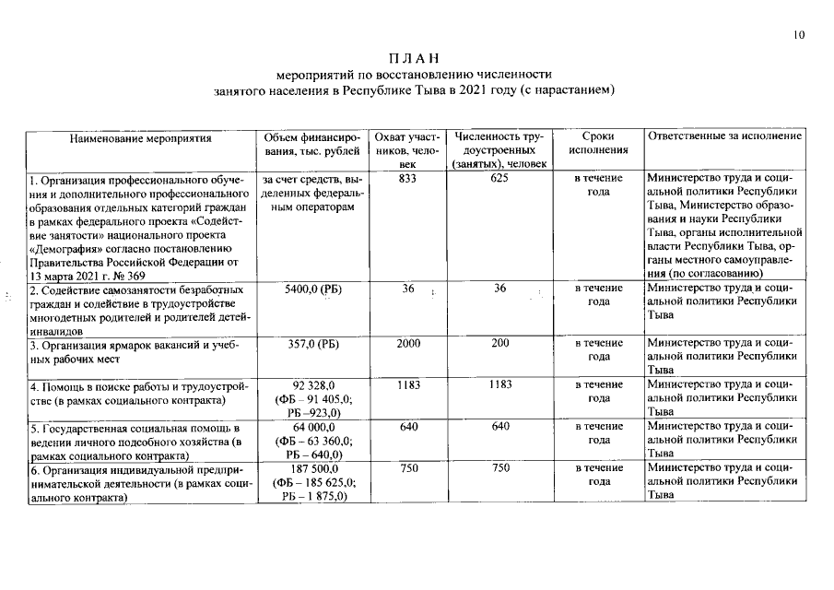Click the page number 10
coord(798,35)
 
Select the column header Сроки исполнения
coord(598,144)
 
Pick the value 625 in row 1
coord(499,178)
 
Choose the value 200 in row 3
coord(499,344)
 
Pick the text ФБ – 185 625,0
coord(313,482)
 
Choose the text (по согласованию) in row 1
coord(703,274)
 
